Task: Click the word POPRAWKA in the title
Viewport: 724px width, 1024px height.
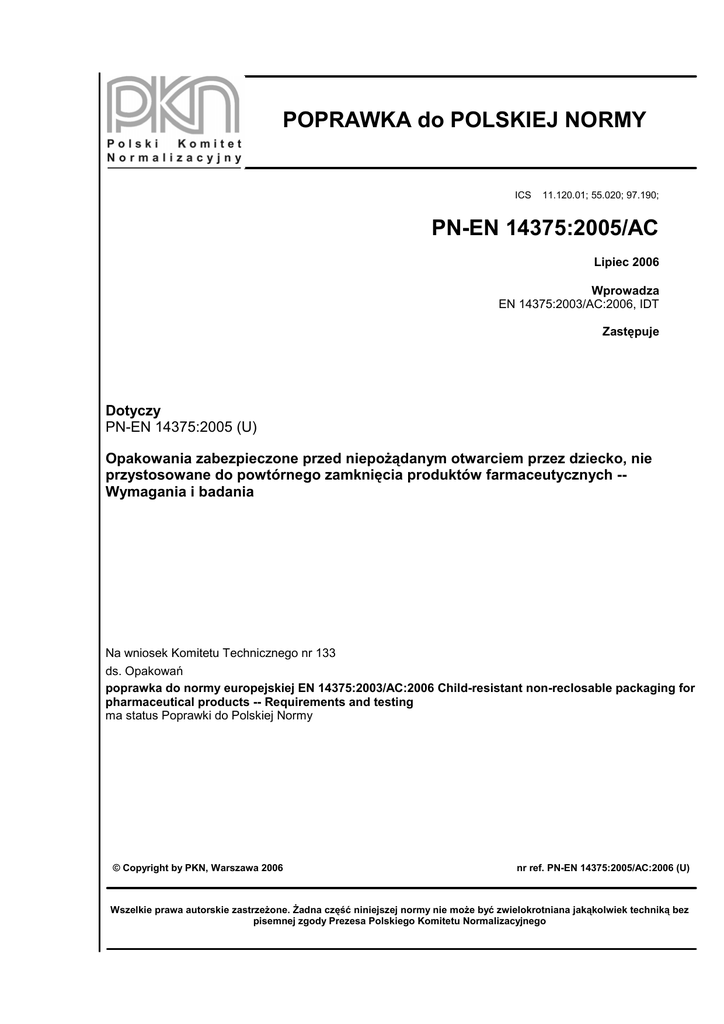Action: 346,121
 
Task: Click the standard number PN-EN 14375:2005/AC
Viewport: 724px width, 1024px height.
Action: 545,228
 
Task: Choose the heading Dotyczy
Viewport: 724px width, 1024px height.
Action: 133,411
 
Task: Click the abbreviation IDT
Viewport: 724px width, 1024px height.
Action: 648,303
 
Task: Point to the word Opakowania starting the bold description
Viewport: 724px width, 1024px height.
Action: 150,458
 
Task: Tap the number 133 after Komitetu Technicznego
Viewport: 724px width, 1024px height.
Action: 325,652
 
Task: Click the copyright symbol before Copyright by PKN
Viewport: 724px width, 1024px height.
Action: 116,868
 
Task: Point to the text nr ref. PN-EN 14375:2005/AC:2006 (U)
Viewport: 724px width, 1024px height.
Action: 603,868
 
